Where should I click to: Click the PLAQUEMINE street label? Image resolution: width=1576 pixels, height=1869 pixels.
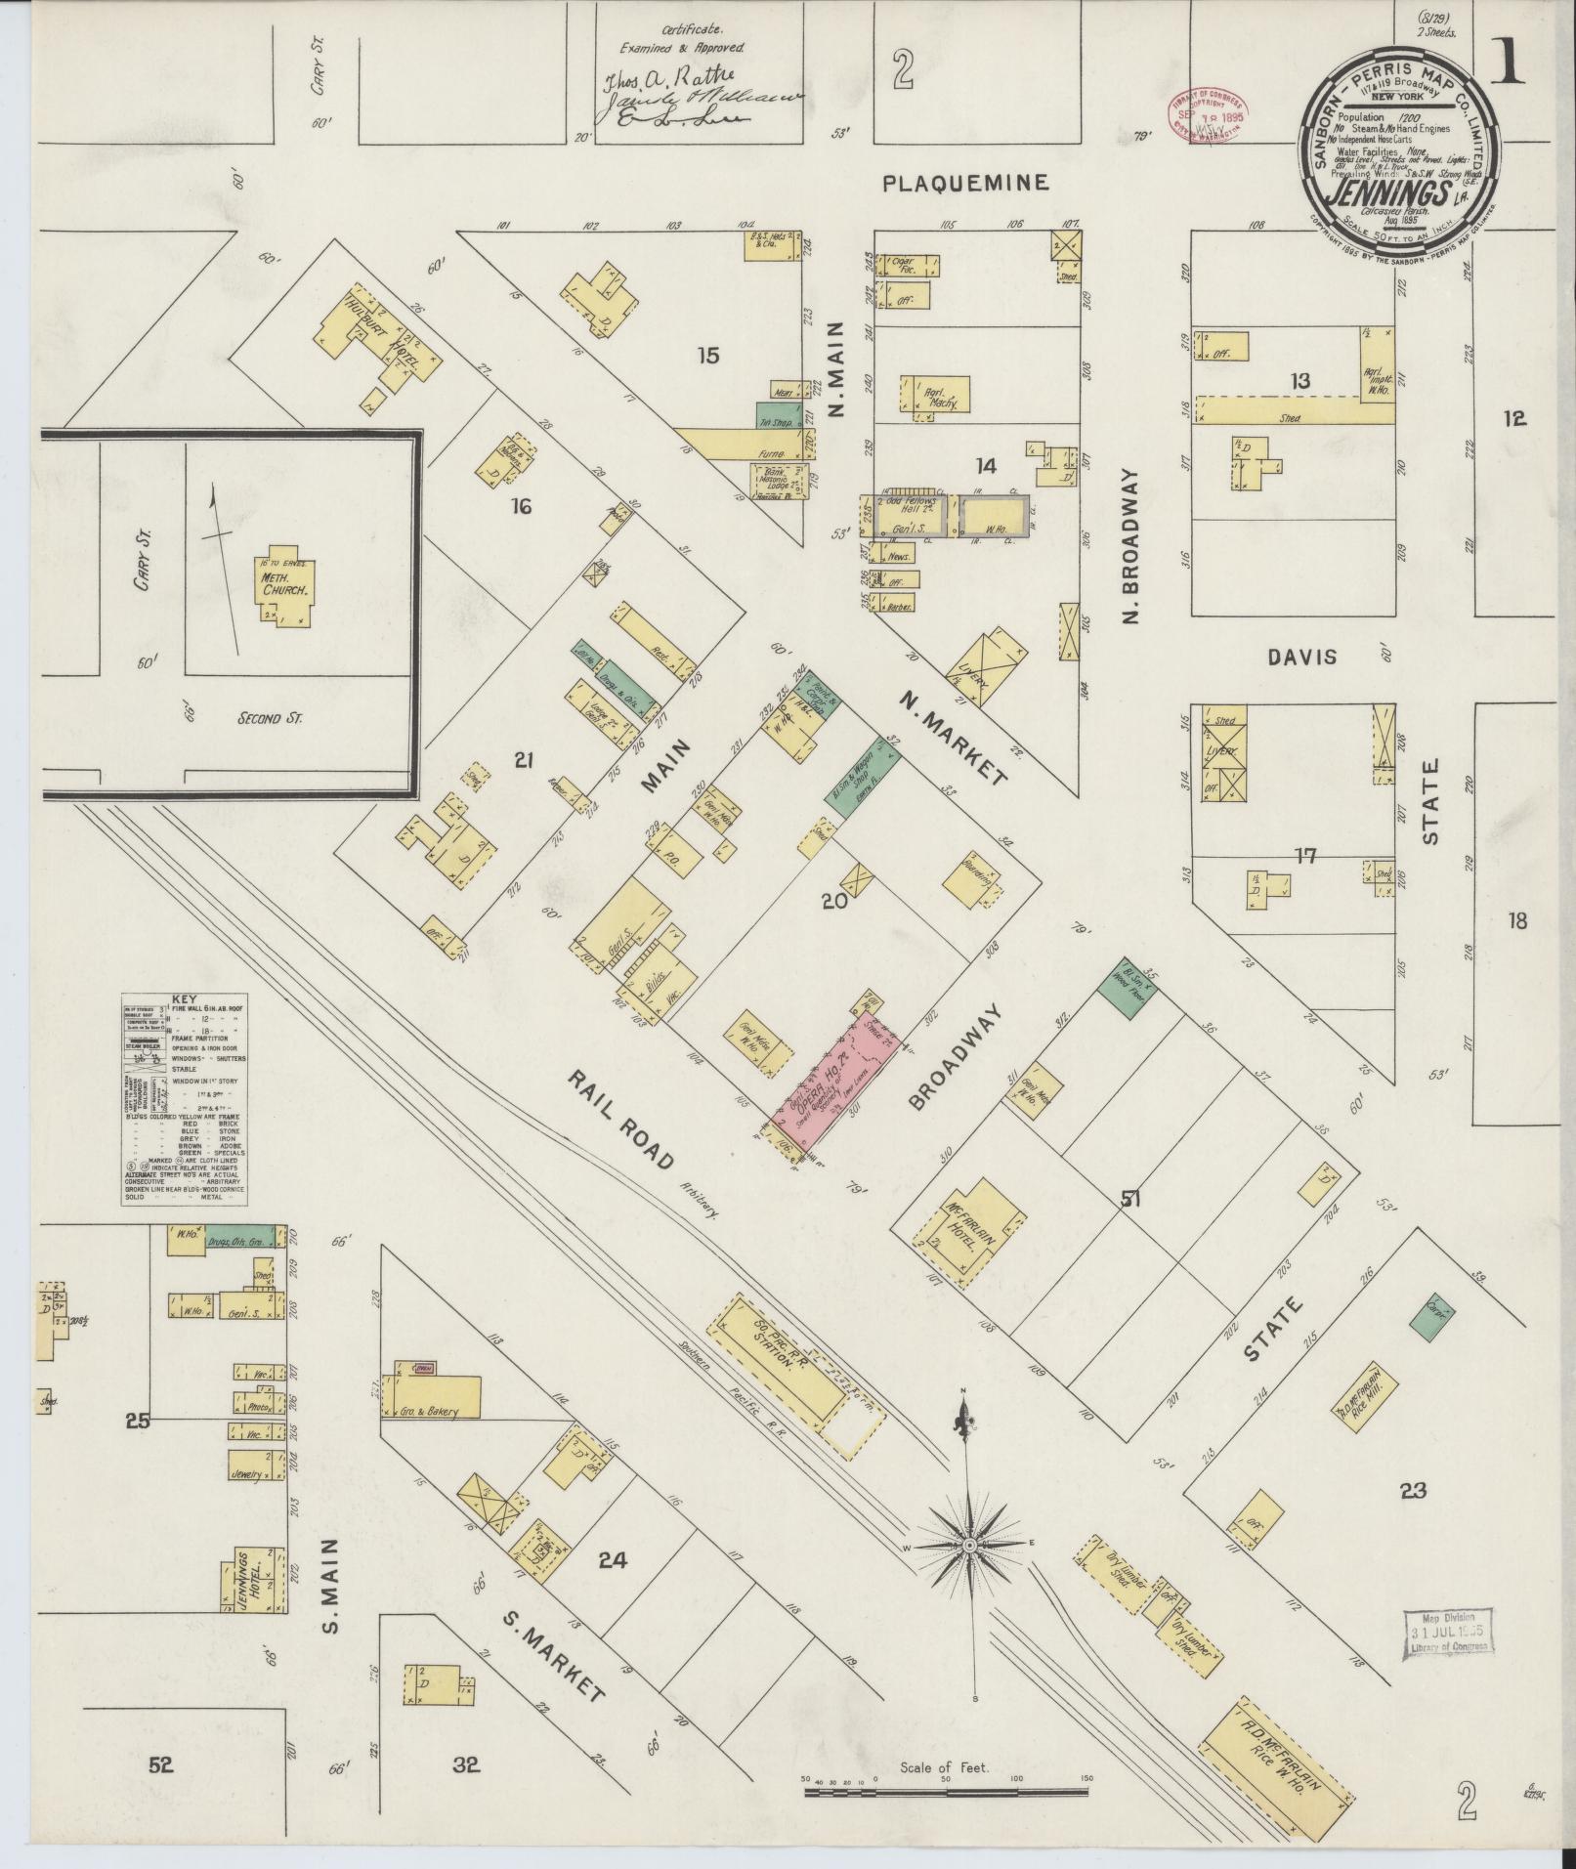click(x=965, y=182)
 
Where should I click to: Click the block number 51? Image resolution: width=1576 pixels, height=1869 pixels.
click(x=1131, y=1200)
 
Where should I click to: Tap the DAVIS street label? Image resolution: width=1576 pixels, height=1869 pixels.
click(x=1302, y=658)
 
